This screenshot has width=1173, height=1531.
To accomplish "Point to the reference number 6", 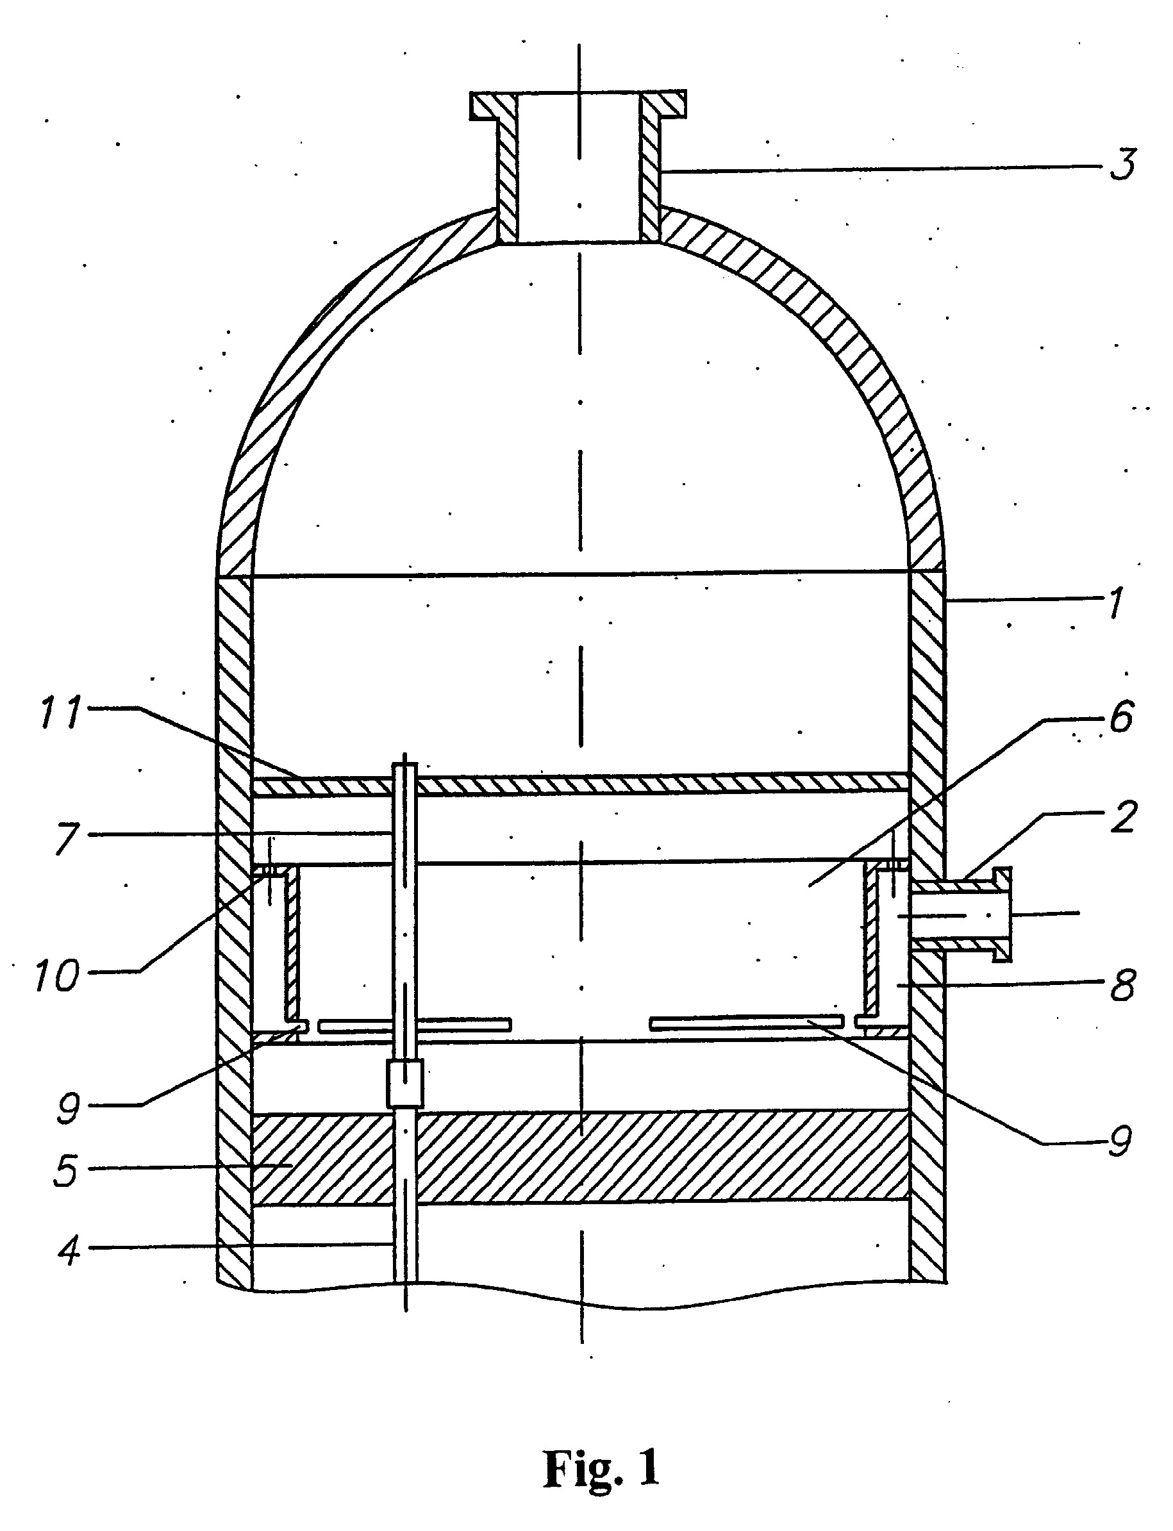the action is (x=1120, y=716).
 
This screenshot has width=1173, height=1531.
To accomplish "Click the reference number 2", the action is (x=1124, y=817).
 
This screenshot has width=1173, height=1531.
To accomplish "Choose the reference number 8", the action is (x=1123, y=985).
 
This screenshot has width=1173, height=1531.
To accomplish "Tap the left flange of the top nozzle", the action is (x=493, y=105).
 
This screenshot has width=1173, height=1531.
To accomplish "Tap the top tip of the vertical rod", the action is (x=405, y=763).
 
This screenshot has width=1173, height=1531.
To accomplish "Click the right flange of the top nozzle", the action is (x=662, y=104).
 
